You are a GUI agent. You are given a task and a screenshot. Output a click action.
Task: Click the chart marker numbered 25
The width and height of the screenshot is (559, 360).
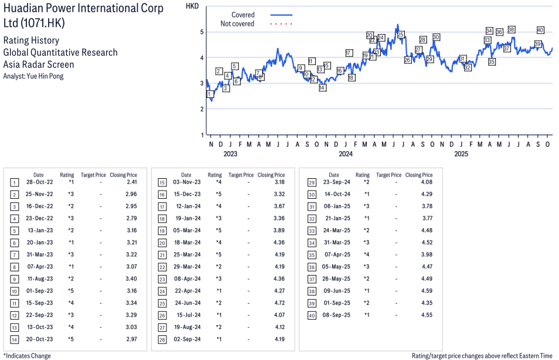pos(401,35)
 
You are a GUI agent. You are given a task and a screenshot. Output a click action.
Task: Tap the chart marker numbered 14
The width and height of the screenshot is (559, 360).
pos(322,87)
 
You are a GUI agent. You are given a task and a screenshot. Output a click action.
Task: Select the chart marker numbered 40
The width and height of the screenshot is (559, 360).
pos(540,30)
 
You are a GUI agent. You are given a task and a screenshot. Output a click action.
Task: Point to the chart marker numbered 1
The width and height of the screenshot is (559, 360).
pos(209,94)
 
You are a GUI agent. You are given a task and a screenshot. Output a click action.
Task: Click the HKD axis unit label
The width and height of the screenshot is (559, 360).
pos(192,6)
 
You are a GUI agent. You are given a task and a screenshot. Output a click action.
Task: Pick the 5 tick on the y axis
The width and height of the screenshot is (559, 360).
pos(202,32)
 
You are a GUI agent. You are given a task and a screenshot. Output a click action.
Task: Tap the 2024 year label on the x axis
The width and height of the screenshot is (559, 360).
pos(346,154)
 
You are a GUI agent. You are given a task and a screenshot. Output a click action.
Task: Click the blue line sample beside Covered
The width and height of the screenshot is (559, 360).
pos(281,15)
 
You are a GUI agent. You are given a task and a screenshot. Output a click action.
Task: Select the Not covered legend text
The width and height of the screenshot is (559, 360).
pos(237,23)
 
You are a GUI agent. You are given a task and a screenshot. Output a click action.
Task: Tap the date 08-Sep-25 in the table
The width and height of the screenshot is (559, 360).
pos(338,315)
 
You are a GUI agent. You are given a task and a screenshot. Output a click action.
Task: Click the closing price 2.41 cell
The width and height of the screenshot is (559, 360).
pos(131,182)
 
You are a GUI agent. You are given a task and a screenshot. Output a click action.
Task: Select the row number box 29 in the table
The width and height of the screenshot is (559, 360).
pos(312,182)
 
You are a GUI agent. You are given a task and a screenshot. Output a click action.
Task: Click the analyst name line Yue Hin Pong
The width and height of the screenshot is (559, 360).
pos(33,76)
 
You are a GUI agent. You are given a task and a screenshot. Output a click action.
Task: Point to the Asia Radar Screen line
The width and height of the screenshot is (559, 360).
pos(39,64)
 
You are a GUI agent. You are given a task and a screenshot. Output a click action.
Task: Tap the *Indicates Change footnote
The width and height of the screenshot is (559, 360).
pos(27,355)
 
